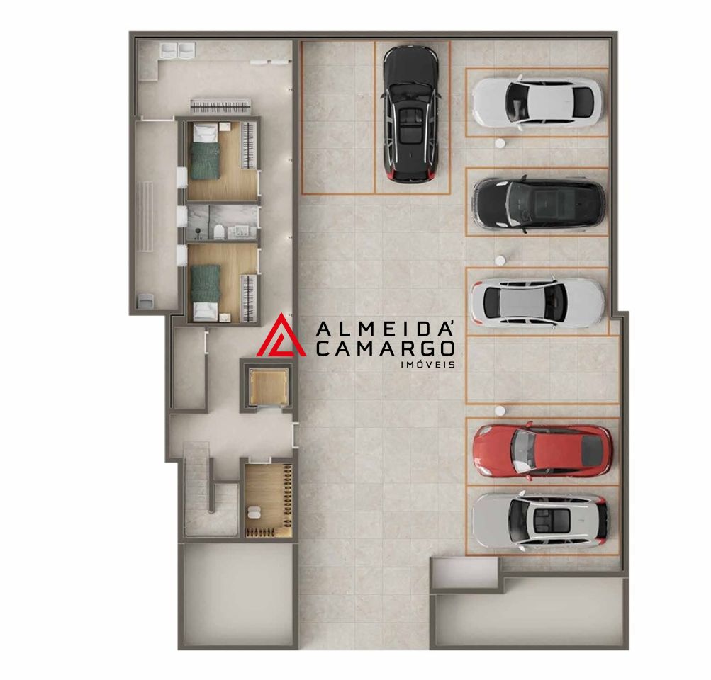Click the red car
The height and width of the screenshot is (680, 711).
point(542,451)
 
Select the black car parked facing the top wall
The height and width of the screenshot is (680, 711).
point(411,115)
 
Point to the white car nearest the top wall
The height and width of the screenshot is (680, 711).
point(537,103)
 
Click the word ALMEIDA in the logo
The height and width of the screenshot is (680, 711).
point(385,329)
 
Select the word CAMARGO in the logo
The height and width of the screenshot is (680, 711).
point(385,348)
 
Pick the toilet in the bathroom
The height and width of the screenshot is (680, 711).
point(218,232)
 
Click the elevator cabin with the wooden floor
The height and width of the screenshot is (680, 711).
point(269,387)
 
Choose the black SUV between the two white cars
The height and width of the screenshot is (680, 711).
point(538,203)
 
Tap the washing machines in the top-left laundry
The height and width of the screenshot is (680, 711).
point(177,50)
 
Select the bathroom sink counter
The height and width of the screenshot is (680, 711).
point(240,232)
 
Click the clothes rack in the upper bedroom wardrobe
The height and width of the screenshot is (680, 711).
point(248,145)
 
